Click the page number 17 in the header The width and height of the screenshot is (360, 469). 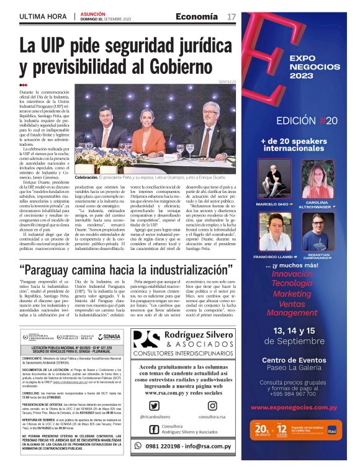(x=232, y=16)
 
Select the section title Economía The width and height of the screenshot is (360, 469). (x=197, y=16)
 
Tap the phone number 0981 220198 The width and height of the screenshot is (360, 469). (x=191, y=447)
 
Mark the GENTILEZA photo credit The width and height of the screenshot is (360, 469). (x=227, y=81)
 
